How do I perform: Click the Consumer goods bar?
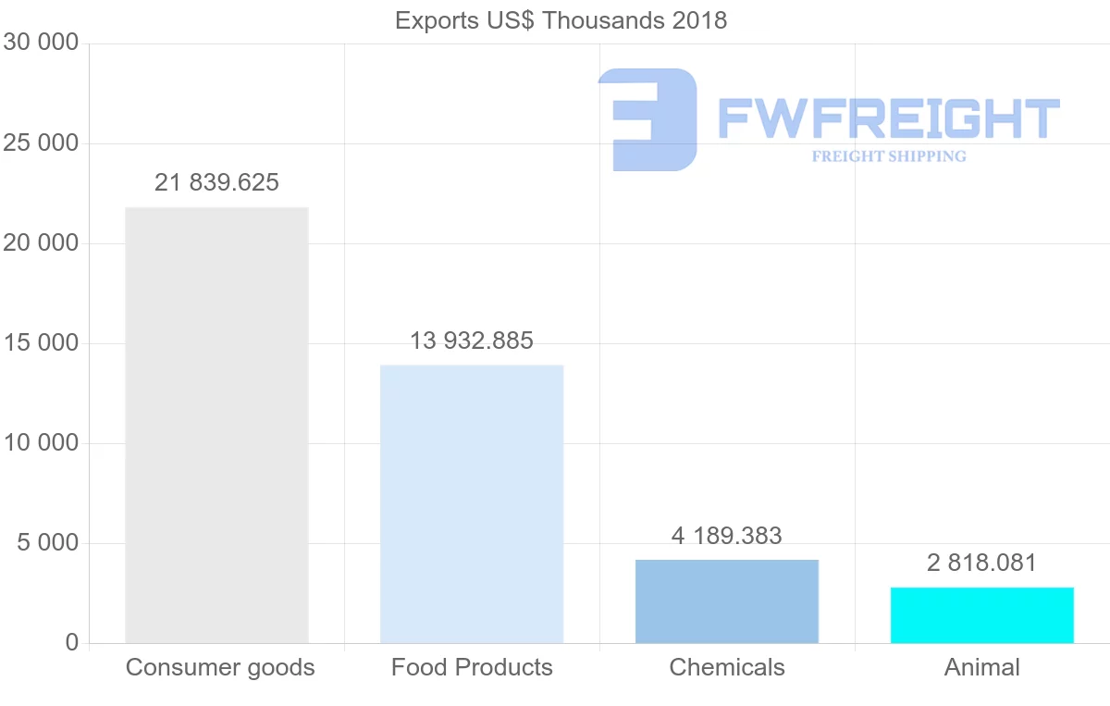(x=216, y=425)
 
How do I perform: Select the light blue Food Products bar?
(x=472, y=503)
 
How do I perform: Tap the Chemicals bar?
(x=727, y=601)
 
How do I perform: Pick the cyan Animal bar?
(x=982, y=614)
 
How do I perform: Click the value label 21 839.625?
(x=216, y=182)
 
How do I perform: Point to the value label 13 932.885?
(x=472, y=341)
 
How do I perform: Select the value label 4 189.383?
(x=727, y=536)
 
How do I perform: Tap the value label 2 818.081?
(x=982, y=563)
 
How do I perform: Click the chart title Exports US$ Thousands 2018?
(x=561, y=20)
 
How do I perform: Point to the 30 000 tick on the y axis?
(x=41, y=43)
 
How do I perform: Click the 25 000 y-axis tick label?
(x=41, y=143)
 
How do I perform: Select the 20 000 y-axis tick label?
(x=41, y=243)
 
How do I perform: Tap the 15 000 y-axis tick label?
(x=41, y=343)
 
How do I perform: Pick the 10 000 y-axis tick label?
(x=41, y=443)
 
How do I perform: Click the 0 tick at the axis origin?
(x=72, y=643)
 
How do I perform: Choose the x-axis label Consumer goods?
(x=220, y=667)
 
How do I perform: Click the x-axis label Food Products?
(x=472, y=667)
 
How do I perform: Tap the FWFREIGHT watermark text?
(x=888, y=118)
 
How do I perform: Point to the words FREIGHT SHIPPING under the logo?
(x=889, y=156)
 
